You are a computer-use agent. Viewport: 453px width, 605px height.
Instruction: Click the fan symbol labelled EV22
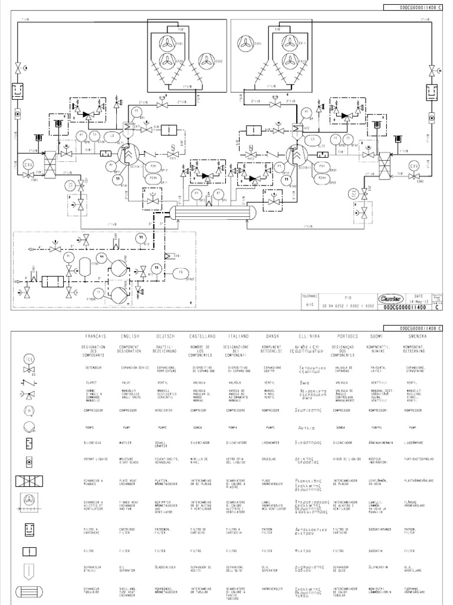coord(206,60)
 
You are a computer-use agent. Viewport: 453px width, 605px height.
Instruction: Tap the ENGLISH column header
coord(128,336)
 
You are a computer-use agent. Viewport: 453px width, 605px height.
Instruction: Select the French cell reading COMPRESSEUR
coord(94,409)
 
